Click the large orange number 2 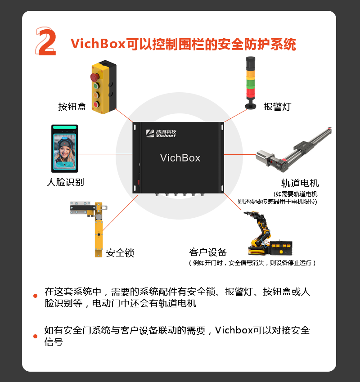coord(46,41)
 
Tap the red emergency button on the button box coord(94,77)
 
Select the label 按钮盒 coord(72,107)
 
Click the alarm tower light coord(251,83)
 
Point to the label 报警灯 coord(277,107)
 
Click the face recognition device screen coord(64,151)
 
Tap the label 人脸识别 coord(65,182)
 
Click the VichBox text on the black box coord(180,158)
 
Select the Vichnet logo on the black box coord(161,133)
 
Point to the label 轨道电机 coord(300,183)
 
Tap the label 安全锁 coord(120,253)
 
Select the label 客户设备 coord(208,252)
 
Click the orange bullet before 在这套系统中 coord(35,296)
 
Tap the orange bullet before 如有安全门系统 coord(35,337)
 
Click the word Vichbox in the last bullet coord(234,330)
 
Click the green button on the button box coord(96,86)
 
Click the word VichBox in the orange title coord(98,44)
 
